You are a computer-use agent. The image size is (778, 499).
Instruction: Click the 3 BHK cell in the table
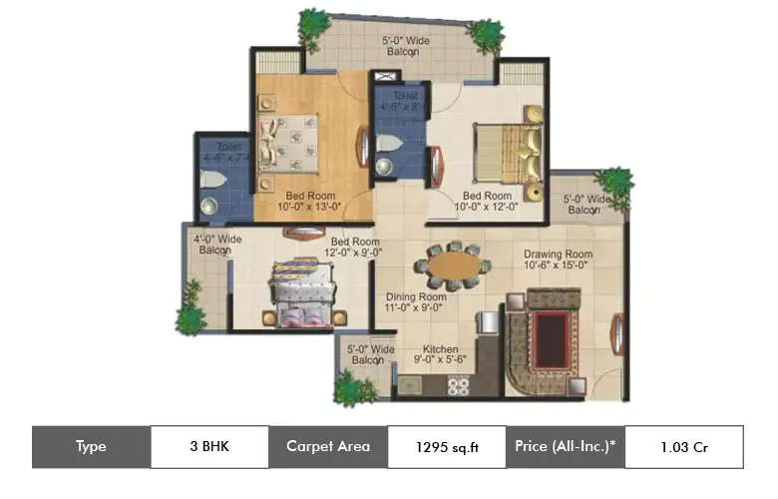coord(209,447)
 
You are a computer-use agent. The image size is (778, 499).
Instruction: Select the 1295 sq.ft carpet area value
coord(447,447)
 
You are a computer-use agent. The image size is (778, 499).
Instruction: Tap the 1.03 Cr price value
coord(683,447)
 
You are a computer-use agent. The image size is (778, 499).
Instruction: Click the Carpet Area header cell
coord(328,447)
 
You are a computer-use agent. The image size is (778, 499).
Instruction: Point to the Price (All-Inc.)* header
coord(566,447)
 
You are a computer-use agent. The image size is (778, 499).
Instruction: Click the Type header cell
coord(91,447)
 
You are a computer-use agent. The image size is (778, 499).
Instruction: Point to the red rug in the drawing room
coord(549,330)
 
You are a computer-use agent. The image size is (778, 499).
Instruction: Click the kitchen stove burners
coord(458,386)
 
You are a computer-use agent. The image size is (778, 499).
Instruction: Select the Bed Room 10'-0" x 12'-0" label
coord(487,202)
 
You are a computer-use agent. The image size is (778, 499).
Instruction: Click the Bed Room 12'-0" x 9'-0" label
coord(354,248)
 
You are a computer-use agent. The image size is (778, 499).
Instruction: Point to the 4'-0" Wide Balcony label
coord(216,245)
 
